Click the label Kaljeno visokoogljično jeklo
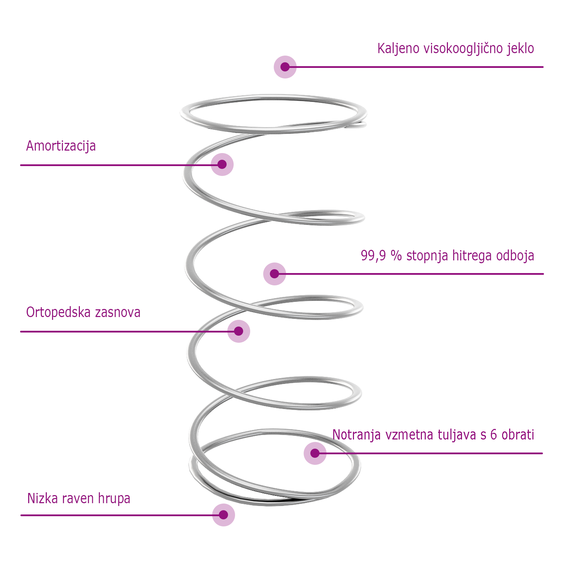coord(455,49)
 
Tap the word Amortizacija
coord(61,146)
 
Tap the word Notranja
coord(356,435)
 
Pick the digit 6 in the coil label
coord(494,435)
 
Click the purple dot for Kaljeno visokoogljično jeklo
coord(285,67)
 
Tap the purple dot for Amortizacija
coord(222,164)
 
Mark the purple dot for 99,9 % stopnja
coord(274,274)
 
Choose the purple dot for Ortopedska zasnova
coord(239,331)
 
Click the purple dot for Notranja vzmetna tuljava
coord(315,453)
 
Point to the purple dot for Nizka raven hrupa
coord(223,515)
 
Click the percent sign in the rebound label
coord(396,255)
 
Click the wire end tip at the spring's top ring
coord(364,124)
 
